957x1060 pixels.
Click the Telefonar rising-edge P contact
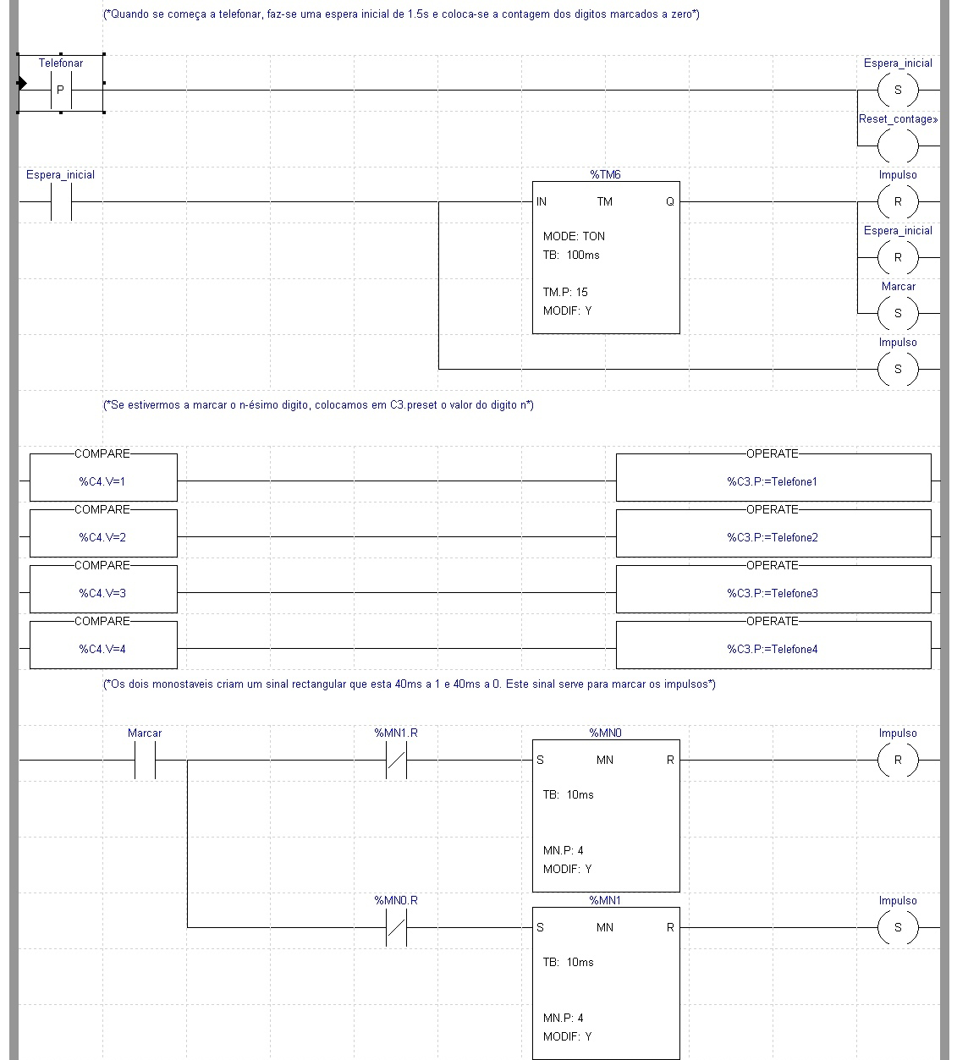[60, 89]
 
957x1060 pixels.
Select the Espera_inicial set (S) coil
[897, 90]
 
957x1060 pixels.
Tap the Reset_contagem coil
[897, 146]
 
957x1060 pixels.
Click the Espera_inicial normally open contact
[61, 201]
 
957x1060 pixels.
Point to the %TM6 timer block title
[605, 174]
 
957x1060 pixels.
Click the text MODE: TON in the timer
[574, 236]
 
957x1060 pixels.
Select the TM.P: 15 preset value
[565, 292]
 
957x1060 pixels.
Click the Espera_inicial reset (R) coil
[897, 257]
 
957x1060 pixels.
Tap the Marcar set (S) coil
[897, 313]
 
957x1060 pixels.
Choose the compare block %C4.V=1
[102, 481]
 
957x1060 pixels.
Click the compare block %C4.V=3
[102, 593]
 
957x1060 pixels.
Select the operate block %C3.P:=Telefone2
[772, 537]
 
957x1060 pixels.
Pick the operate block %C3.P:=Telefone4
[772, 649]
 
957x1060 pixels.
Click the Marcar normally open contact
[145, 760]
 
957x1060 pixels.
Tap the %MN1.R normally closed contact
[396, 760]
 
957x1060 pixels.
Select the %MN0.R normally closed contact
[396, 927]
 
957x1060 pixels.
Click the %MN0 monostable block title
[605, 733]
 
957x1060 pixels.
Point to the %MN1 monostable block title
[605, 900]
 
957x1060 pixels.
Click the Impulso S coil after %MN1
[897, 927]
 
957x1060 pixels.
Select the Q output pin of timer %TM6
[669, 201]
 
